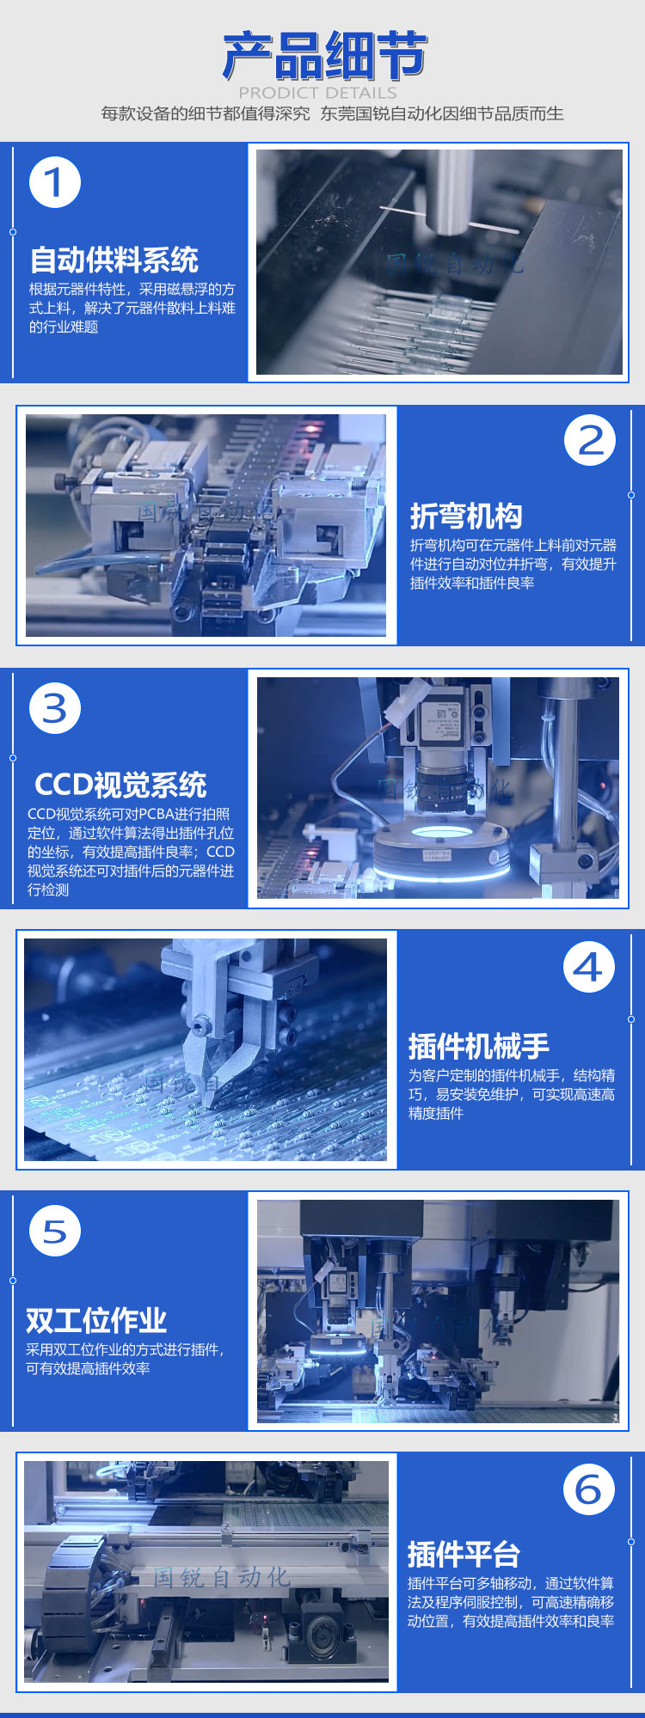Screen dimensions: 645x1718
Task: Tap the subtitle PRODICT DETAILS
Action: coord(318,92)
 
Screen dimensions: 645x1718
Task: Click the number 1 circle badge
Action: coord(55,182)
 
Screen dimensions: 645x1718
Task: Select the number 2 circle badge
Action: coord(590,440)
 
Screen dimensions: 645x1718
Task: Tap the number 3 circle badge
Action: coord(55,708)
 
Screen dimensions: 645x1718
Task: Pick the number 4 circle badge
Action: coord(589,968)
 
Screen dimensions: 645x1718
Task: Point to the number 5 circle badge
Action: coord(55,1231)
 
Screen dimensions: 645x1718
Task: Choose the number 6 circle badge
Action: coord(589,1489)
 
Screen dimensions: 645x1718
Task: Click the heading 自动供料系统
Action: coord(114,260)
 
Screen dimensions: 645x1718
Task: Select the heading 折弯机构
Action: coord(466,516)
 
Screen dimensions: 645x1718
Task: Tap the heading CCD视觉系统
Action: coord(120,785)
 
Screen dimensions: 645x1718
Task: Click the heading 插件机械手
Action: coord(478,1046)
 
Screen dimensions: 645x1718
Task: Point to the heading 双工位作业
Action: coord(96,1320)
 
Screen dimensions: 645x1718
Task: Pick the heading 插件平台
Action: coord(464,1554)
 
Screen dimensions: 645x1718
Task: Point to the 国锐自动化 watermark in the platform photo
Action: coord(221,1577)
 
